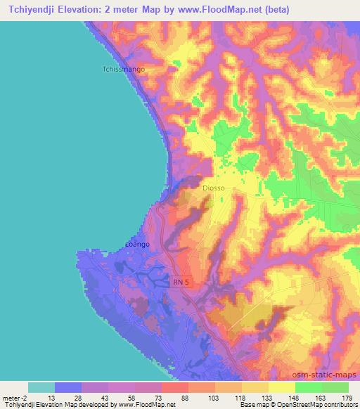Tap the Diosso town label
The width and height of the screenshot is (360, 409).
[213, 188]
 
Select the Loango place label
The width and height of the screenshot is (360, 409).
[137, 244]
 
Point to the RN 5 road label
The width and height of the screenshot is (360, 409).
[182, 281]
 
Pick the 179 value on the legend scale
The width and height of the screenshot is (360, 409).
[346, 398]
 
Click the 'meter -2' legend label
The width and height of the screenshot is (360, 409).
[15, 398]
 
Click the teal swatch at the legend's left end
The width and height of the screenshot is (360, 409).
[41, 387]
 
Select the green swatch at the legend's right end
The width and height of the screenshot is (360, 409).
[335, 387]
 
